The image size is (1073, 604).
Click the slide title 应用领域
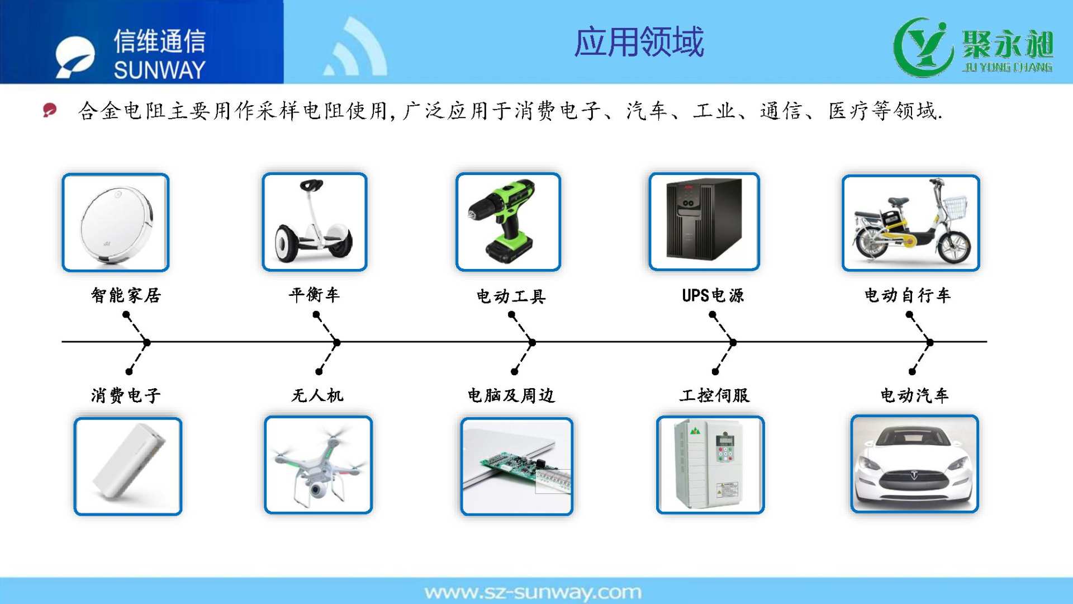639,42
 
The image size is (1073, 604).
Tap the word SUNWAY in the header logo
160,70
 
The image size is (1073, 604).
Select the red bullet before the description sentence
50,110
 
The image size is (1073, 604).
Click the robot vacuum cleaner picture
116,223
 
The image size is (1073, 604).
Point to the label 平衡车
314,294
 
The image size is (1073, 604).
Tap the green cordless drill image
508,222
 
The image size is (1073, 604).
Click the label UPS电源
713,295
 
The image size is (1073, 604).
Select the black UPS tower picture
704,221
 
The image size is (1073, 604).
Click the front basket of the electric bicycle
955,207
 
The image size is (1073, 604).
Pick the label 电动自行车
908,295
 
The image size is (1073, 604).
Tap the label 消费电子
126,395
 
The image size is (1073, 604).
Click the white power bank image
128,466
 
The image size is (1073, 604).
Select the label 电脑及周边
511,395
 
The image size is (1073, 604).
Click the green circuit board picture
517,466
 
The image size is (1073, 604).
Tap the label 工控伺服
714,395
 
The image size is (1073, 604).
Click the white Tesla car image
914,464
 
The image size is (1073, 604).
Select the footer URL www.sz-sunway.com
533,592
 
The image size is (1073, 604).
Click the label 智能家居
126,295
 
